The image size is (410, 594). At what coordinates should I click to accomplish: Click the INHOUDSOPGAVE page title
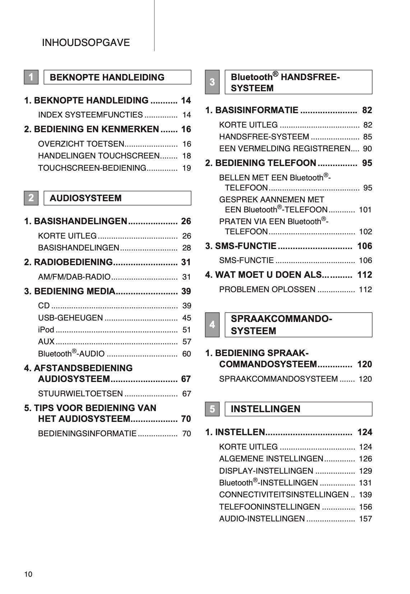pyautogui.click(x=86, y=43)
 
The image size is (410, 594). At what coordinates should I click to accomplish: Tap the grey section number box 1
pyautogui.click(x=31, y=77)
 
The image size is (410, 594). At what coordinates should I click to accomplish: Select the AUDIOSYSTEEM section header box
pyautogui.click(x=117, y=198)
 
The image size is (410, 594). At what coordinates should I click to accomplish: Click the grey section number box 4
pyautogui.click(x=212, y=325)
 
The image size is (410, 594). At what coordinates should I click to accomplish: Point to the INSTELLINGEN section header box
pyautogui.click(x=298, y=409)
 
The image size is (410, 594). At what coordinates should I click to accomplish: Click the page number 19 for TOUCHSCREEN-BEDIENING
pyautogui.click(x=186, y=168)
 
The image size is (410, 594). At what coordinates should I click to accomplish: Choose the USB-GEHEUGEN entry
pyautogui.click(x=70, y=318)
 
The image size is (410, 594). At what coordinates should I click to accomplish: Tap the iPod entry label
pyautogui.click(x=46, y=330)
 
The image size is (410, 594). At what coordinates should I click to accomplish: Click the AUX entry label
pyautogui.click(x=46, y=342)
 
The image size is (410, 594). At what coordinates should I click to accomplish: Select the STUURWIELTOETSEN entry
pyautogui.click(x=80, y=394)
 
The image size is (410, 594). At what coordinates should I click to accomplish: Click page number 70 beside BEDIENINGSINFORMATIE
pyautogui.click(x=186, y=434)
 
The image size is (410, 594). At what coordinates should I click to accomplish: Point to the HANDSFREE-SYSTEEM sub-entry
pyautogui.click(x=264, y=137)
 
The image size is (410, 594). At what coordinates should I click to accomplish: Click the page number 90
pyautogui.click(x=367, y=149)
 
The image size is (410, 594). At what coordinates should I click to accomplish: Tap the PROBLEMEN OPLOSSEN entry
pyautogui.click(x=267, y=290)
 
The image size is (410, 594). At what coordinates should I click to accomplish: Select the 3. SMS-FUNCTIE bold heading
pyautogui.click(x=241, y=246)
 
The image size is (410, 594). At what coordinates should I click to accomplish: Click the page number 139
pyautogui.click(x=365, y=495)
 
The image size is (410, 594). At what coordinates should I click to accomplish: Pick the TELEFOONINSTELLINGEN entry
pyautogui.click(x=270, y=507)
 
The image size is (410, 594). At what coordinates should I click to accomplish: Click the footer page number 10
pyautogui.click(x=28, y=574)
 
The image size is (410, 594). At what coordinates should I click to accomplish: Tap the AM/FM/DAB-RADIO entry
pyautogui.click(x=74, y=277)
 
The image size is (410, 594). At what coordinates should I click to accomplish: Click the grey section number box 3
pyautogui.click(x=212, y=82)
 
